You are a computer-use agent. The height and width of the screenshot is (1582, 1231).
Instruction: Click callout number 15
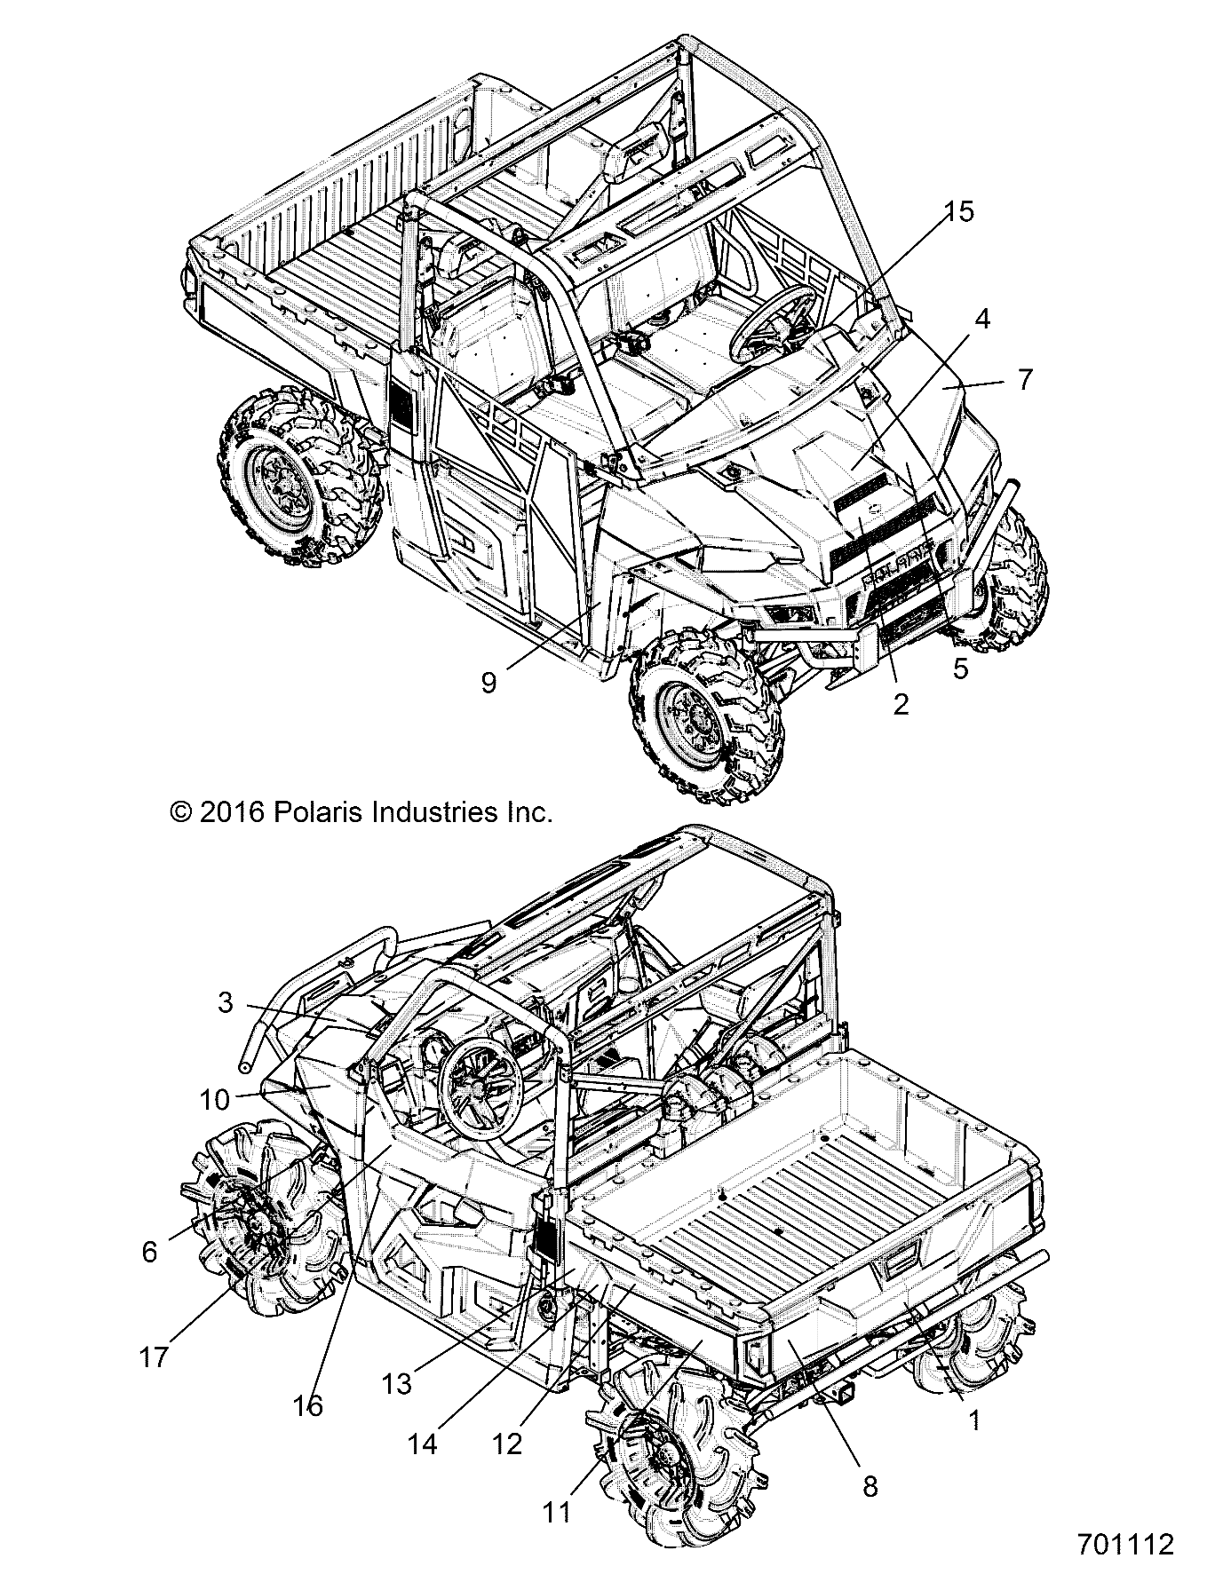click(958, 211)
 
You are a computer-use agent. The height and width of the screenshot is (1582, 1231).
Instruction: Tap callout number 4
click(981, 319)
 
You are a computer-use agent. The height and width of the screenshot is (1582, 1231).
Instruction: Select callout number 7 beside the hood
click(1026, 380)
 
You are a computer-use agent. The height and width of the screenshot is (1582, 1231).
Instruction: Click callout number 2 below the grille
click(901, 704)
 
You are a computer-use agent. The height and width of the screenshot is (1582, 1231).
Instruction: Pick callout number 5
click(961, 668)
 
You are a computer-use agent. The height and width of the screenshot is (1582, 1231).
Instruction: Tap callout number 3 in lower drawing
click(226, 1002)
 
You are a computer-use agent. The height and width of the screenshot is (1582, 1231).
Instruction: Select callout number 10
click(215, 1100)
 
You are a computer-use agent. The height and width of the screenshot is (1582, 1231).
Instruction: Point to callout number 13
click(397, 1383)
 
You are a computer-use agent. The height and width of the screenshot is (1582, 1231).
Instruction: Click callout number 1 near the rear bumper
click(974, 1420)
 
